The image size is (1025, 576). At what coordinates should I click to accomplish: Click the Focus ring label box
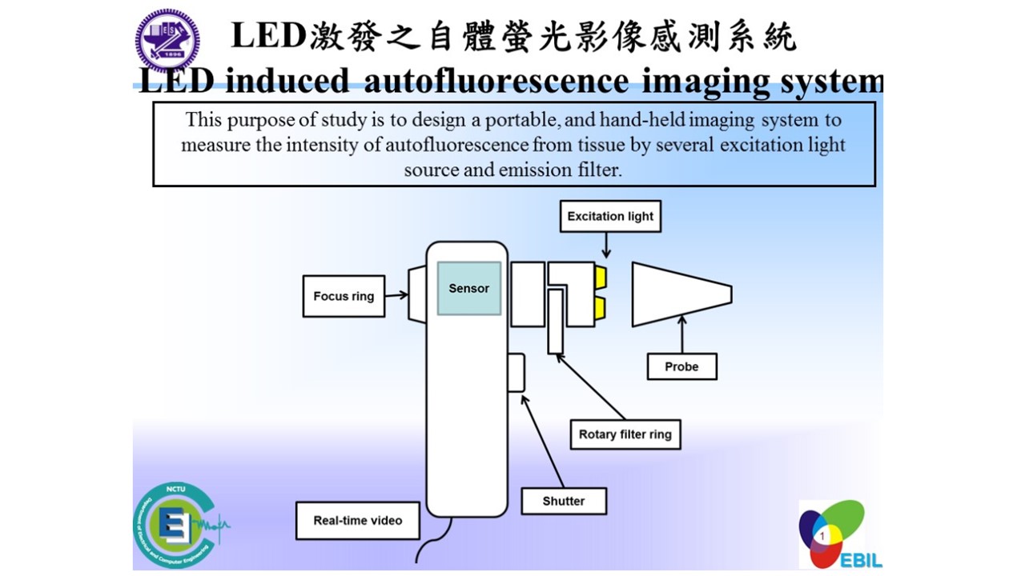(344, 296)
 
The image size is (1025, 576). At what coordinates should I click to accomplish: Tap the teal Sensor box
(468, 288)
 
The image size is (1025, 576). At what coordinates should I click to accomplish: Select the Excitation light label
(610, 216)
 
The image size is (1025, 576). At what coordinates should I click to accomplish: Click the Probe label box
(681, 366)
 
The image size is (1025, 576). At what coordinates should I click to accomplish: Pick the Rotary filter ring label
(625, 435)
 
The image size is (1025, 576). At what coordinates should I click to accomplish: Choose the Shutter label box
(563, 501)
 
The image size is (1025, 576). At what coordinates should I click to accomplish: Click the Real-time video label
(357, 520)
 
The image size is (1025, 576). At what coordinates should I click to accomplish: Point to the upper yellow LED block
(600, 277)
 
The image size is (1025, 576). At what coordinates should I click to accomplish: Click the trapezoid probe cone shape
(681, 294)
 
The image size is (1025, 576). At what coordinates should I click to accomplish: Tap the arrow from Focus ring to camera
(396, 295)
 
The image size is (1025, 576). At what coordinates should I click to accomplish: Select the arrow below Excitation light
(606, 244)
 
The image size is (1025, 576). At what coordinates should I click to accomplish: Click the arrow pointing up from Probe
(682, 334)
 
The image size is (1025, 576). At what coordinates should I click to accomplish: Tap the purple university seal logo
(167, 40)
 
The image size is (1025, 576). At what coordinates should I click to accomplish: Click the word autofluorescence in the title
(497, 81)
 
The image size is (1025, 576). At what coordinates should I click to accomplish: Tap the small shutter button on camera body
(517, 373)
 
